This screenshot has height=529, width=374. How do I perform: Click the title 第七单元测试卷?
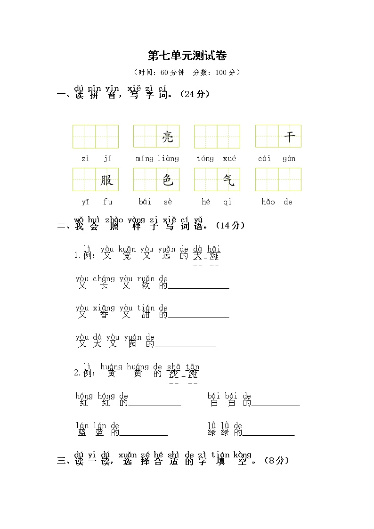pyautogui.click(x=187, y=56)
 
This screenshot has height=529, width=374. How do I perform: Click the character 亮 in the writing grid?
pyautogui.click(x=168, y=137)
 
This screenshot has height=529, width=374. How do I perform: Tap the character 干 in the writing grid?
pyautogui.click(x=290, y=137)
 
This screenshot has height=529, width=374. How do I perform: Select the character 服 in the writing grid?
pyautogui.click(x=107, y=180)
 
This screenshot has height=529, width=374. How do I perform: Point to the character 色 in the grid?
pyautogui.click(x=168, y=180)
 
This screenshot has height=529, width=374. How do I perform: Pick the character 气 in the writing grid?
pyautogui.click(x=228, y=180)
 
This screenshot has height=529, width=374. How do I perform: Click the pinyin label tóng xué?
pyautogui.click(x=216, y=159)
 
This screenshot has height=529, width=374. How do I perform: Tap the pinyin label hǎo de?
pyautogui.click(x=277, y=202)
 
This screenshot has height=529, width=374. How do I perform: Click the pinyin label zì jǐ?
pyautogui.click(x=96, y=159)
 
